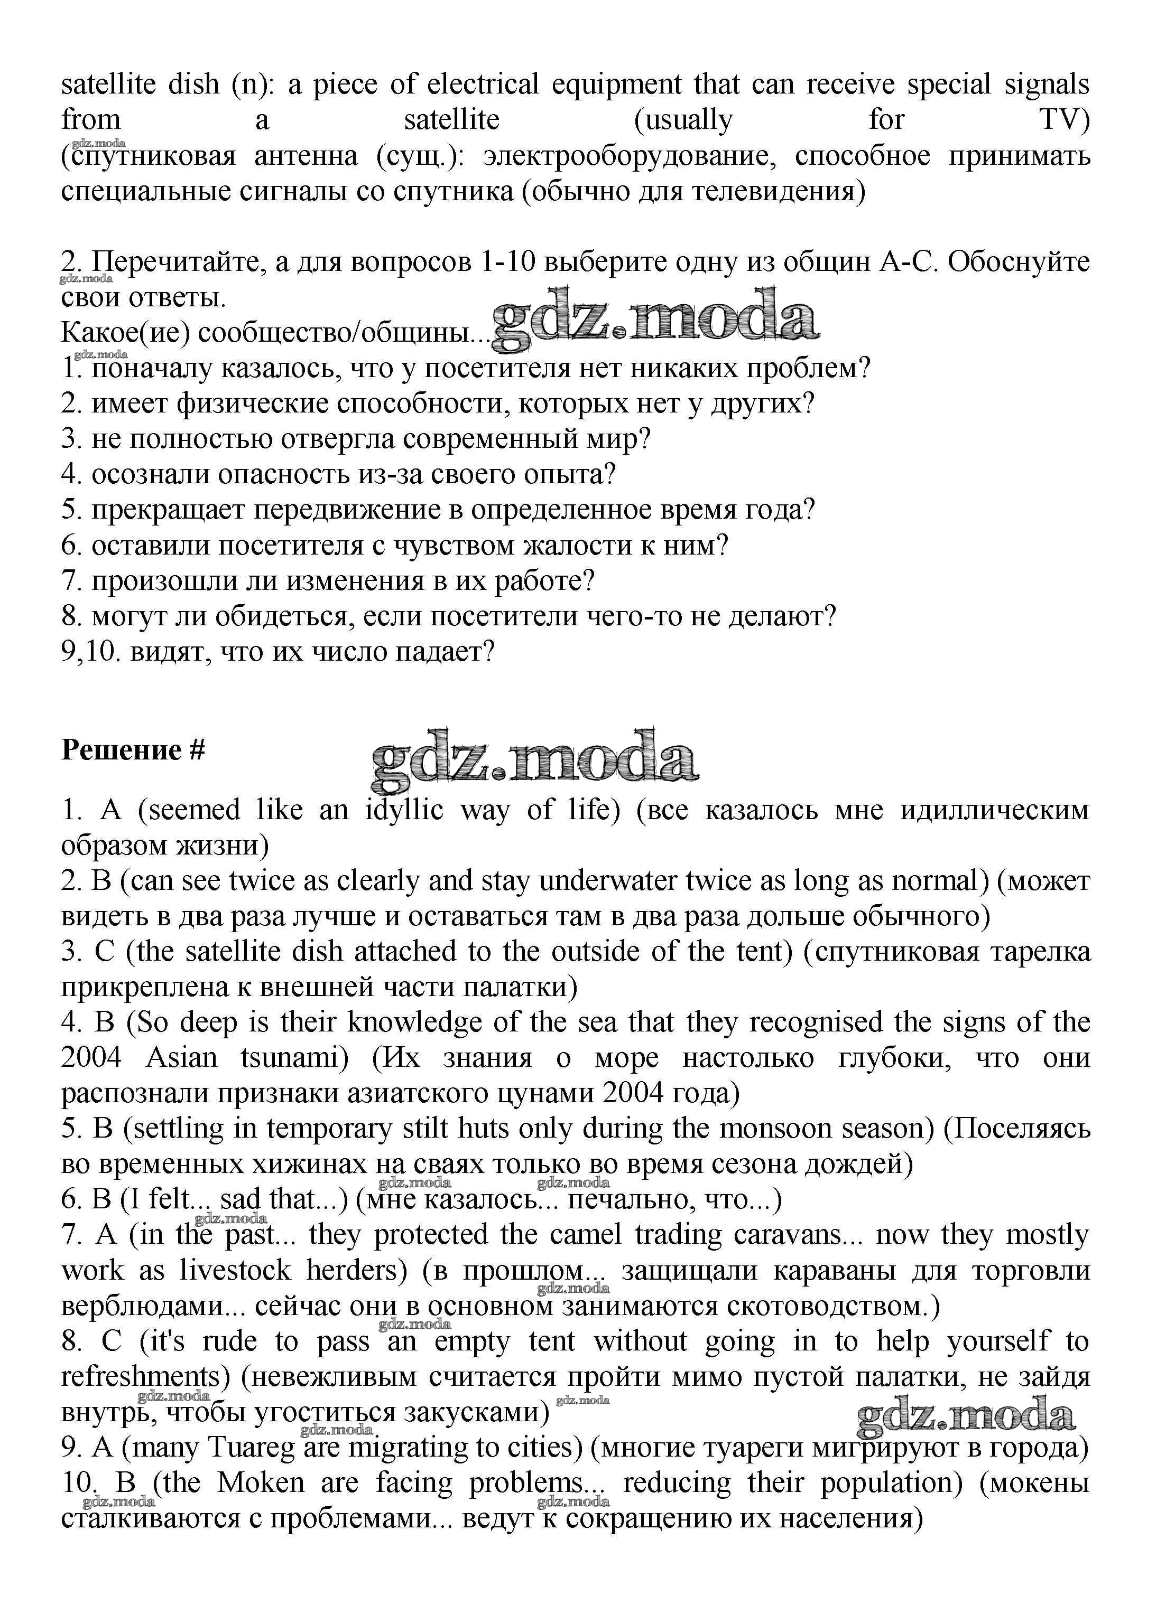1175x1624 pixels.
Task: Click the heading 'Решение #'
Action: (133, 750)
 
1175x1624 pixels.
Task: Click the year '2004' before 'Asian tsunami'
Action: (92, 1058)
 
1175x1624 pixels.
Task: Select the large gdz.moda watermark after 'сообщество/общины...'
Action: (655, 320)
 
